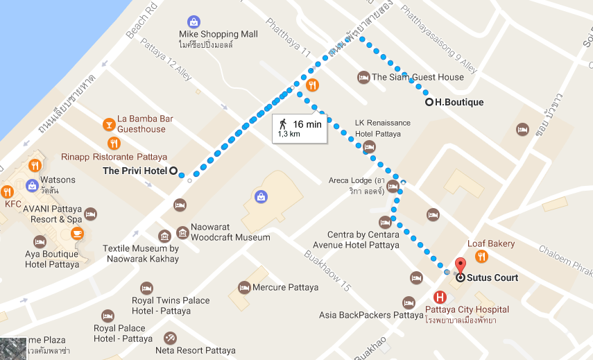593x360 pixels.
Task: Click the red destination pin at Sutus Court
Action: (x=459, y=265)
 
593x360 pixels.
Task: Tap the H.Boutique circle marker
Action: (x=429, y=102)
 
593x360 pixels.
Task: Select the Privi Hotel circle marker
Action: (x=173, y=171)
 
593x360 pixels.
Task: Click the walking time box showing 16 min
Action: (x=299, y=128)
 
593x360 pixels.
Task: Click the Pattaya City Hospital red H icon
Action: (x=439, y=296)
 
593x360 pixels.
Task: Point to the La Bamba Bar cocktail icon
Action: (x=108, y=124)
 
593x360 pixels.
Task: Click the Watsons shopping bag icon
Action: (x=32, y=185)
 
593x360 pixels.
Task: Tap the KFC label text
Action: (x=13, y=205)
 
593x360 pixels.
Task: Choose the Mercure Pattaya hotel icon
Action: (x=243, y=287)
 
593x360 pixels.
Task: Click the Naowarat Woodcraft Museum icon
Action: (x=182, y=232)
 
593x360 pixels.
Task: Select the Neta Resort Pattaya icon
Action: (x=170, y=338)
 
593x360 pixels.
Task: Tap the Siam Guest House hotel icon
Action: (x=363, y=77)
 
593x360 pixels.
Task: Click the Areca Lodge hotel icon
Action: (x=393, y=186)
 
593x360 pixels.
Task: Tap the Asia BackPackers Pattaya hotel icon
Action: (x=409, y=302)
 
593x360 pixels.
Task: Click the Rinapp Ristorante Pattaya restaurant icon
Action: (x=115, y=144)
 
